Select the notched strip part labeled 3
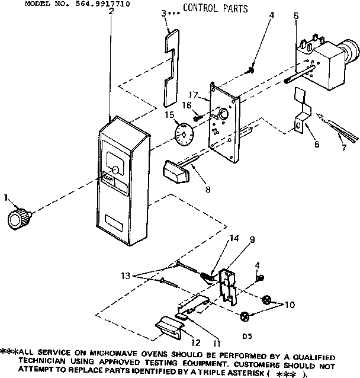click(x=171, y=65)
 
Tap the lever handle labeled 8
click(x=175, y=171)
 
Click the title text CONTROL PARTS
click(x=215, y=8)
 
